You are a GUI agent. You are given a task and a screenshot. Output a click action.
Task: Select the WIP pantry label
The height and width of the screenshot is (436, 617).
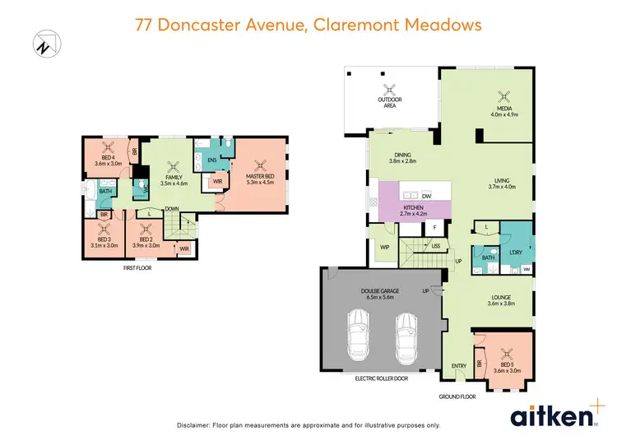pyautogui.click(x=384, y=247)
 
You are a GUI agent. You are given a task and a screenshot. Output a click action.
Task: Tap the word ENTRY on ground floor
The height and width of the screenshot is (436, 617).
pyautogui.click(x=458, y=366)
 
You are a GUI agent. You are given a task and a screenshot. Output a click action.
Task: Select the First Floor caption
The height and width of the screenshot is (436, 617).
pyautogui.click(x=137, y=267)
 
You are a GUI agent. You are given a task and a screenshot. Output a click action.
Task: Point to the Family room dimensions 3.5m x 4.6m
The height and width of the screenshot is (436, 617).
pyautogui.click(x=174, y=183)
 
